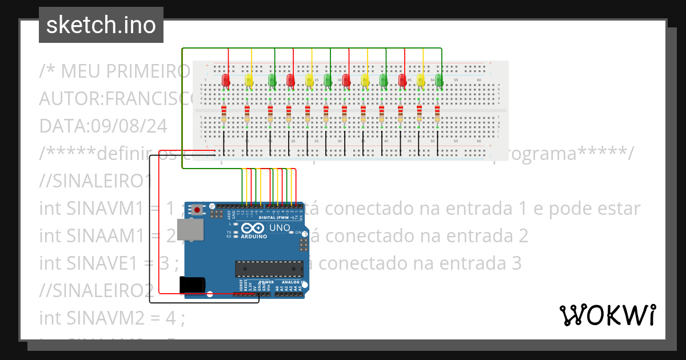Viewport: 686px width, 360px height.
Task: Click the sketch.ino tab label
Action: click(101, 25)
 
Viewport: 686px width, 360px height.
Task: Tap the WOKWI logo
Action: click(607, 315)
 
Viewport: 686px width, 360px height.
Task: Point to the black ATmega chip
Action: click(269, 268)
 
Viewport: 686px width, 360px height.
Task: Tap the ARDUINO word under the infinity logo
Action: click(254, 236)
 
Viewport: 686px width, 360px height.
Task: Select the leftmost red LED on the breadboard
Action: click(226, 80)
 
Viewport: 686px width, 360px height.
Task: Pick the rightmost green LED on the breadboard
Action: click(439, 80)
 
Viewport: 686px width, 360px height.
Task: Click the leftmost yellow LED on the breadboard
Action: click(249, 80)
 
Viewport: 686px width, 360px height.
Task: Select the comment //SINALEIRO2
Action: click(96, 290)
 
